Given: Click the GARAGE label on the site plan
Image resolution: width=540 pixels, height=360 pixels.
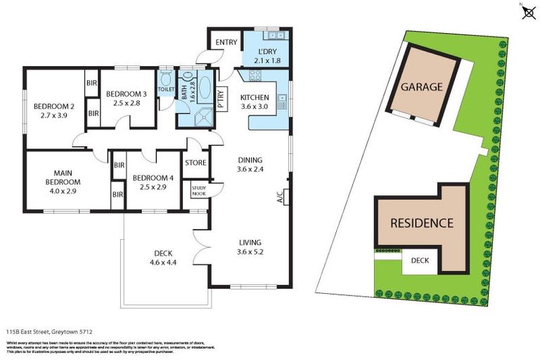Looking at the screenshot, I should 421,87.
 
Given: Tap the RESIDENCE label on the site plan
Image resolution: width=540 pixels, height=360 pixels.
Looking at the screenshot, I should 422,223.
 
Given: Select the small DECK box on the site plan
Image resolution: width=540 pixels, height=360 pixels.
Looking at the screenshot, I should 420,260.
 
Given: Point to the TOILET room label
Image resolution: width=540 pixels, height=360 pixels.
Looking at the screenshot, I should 166,89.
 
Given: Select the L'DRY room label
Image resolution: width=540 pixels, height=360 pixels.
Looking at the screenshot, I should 266,53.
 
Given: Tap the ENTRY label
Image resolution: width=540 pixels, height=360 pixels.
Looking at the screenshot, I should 226,42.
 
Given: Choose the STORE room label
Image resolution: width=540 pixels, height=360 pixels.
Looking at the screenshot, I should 195,163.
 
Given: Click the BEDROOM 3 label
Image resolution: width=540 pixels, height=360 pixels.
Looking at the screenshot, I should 127,94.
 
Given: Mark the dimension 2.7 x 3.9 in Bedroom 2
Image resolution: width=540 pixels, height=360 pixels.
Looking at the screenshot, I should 53,117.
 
